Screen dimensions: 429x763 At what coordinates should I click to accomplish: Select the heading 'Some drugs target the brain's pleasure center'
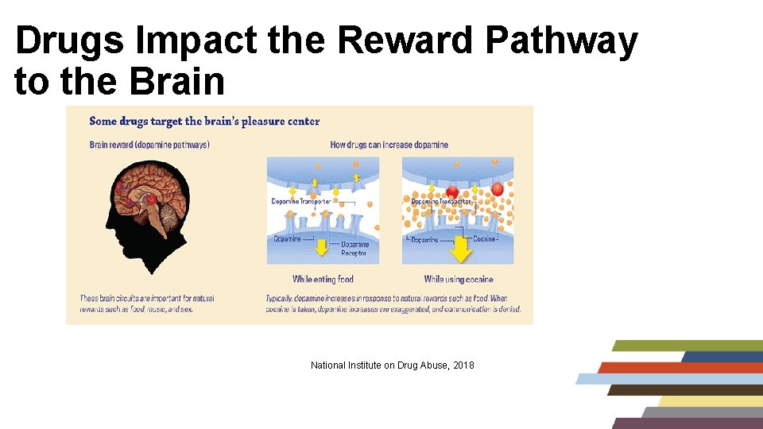pos(204,122)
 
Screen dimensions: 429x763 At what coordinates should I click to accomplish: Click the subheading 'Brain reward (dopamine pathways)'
pos(149,145)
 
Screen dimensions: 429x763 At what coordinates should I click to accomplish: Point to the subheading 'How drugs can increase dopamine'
pos(389,145)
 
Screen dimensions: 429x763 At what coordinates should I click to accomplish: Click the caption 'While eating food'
pos(323,279)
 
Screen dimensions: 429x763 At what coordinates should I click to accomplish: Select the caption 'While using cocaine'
pos(459,279)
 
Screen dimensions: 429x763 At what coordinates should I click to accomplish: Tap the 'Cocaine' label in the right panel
pos(484,238)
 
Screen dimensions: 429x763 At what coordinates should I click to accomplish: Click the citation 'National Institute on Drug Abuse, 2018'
pos(392,365)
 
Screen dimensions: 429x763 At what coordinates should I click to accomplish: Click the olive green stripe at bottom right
pos(687,346)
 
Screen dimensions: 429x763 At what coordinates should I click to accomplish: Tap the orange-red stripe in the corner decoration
pos(680,368)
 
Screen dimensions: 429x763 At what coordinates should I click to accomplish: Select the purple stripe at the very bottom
pos(687,423)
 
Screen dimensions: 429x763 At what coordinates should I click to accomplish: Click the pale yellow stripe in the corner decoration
pos(707,401)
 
